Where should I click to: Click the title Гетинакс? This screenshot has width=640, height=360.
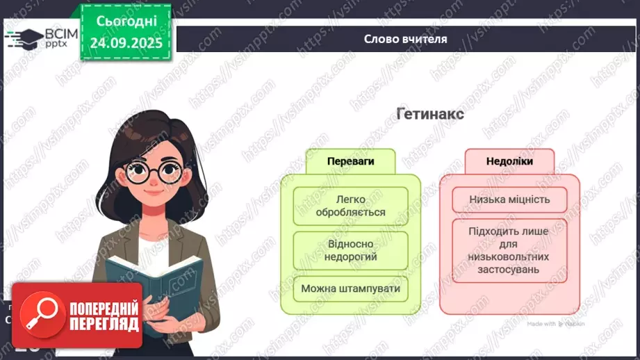(430, 113)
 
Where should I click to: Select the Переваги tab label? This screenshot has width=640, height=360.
(350, 161)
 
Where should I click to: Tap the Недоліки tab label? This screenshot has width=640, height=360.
(509, 161)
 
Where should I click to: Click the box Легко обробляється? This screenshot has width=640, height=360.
(350, 206)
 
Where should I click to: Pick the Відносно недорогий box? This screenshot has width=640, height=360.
(350, 250)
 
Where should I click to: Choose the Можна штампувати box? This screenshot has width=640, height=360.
(350, 288)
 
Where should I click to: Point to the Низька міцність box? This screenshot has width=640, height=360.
(509, 200)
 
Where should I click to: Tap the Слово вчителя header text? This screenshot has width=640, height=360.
(405, 39)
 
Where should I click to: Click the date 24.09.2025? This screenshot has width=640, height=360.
(126, 43)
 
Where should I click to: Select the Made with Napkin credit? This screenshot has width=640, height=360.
(555, 324)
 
